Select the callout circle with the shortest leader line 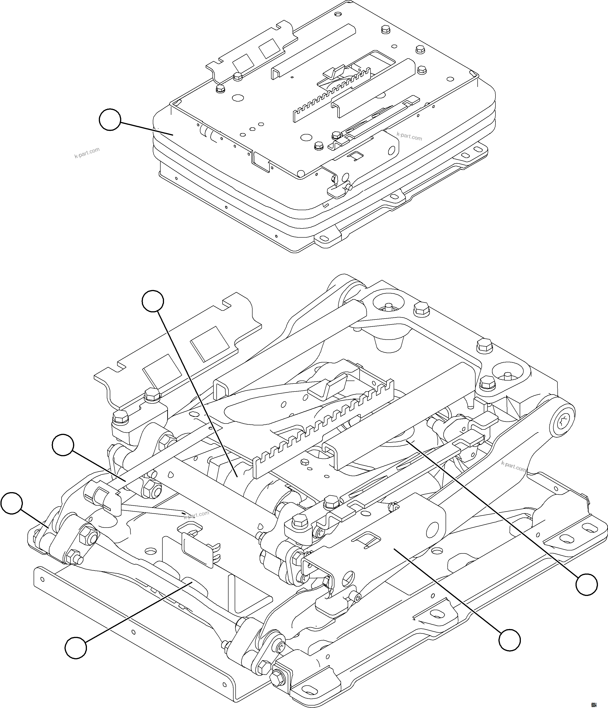click(11, 503)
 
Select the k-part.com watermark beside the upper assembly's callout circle click(87, 153)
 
